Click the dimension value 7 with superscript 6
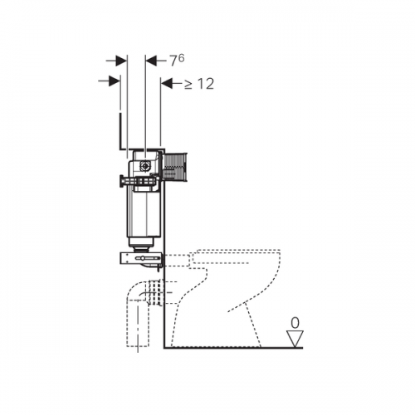[x=177, y=61]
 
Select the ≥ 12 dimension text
[x=199, y=84]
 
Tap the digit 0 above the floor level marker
[x=295, y=323]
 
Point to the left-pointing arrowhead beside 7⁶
[x=152, y=61]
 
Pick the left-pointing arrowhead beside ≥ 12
[x=167, y=83]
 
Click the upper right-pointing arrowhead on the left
[x=121, y=61]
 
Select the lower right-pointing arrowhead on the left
[x=115, y=81]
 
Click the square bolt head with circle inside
[x=145, y=166]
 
